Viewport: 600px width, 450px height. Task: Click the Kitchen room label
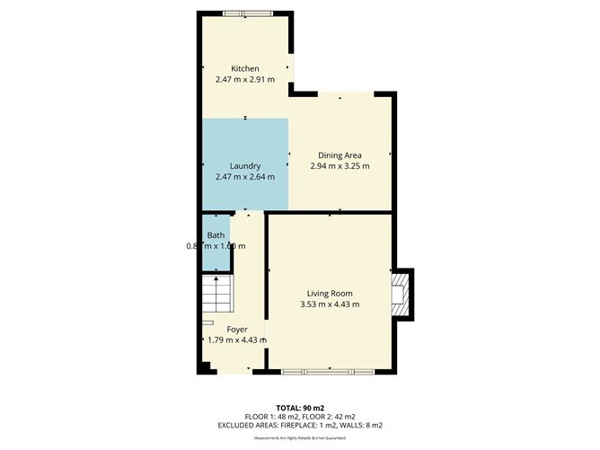tap(245, 68)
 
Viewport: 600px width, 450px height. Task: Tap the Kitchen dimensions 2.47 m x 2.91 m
tap(245, 80)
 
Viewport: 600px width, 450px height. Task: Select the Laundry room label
tap(245, 166)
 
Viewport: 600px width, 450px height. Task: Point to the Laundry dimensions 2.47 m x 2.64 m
tap(245, 177)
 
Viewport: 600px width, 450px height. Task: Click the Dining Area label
tap(340, 154)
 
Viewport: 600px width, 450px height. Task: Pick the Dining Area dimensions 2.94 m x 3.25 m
tap(340, 166)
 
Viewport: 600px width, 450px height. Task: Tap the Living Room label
tap(330, 293)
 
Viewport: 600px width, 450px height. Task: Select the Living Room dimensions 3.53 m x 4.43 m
tap(330, 304)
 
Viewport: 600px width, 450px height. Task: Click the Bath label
tap(216, 235)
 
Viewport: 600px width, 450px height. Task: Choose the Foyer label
tap(237, 329)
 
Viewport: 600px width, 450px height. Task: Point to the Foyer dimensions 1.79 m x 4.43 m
tap(237, 340)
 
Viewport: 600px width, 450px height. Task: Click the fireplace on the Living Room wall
tap(401, 294)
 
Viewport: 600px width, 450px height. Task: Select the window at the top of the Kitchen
tap(245, 13)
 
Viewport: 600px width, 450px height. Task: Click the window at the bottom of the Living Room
tap(330, 371)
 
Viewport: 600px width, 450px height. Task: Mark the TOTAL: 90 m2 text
tap(299, 406)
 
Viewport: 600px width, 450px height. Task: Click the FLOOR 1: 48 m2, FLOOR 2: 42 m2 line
tap(299, 415)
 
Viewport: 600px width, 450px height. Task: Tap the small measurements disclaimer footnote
tap(299, 437)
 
